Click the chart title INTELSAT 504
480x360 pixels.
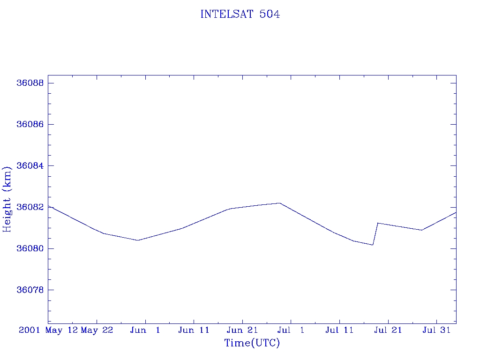pos(240,15)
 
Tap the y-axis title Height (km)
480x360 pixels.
pos(7,199)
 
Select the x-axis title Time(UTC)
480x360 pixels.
pos(252,343)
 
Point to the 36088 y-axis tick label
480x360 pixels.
pos(30,83)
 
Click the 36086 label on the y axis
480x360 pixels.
pos(30,124)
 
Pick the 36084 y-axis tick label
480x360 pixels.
pos(30,166)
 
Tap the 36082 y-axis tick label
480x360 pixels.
pos(30,207)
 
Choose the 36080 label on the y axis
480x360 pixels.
pos(30,248)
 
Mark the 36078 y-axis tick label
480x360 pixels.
pos(30,290)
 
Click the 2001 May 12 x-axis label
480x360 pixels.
pos(48,330)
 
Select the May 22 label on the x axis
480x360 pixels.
pos(97,330)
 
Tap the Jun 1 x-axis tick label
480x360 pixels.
pos(145,330)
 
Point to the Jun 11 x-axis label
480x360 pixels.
pos(194,330)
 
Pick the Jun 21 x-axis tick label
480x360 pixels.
pos(242,330)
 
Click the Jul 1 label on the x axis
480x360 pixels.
pos(291,330)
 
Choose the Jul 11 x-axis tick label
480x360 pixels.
pos(339,330)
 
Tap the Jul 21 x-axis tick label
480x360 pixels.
pos(388,330)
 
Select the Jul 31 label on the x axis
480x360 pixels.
pos(437,330)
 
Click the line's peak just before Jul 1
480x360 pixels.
pos(280,203)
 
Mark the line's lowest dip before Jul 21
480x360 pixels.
pos(373,245)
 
